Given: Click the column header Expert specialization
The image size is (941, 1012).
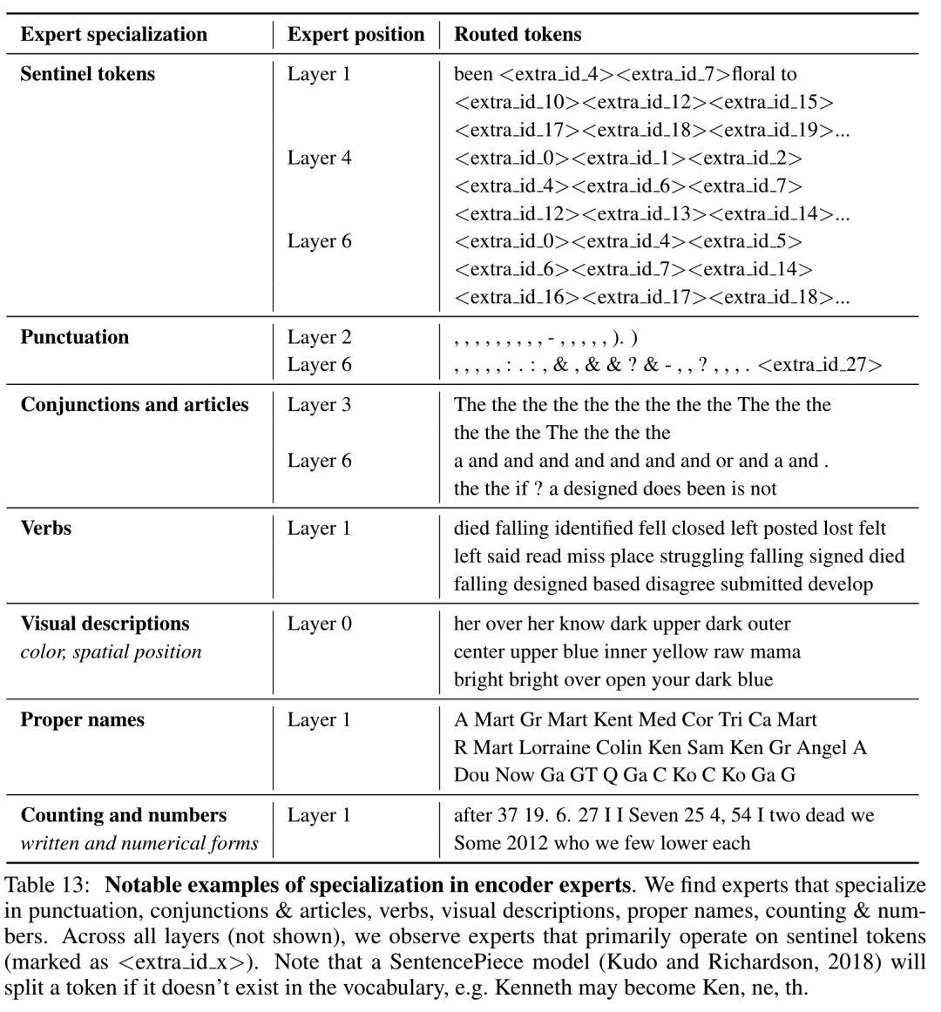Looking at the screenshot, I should coord(113,35).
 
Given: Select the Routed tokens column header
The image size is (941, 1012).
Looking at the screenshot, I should coord(518,35).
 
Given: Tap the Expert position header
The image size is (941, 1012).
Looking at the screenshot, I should coord(355,35).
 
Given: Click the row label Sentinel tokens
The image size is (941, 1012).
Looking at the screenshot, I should coord(87,74).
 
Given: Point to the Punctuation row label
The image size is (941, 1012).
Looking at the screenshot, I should coord(74,337).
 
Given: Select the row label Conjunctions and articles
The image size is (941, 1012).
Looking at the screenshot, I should coord(134,405).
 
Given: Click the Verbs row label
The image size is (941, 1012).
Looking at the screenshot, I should coord(45,528).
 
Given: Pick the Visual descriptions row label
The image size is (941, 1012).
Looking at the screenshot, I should coord(105,624).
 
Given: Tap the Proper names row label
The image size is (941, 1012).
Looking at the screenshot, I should coord(82,719).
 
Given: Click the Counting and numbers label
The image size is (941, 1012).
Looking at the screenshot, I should coord(123,815).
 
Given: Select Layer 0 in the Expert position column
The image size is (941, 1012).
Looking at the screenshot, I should coord(319,624).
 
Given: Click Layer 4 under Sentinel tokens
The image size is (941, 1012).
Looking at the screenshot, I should coord(319,158).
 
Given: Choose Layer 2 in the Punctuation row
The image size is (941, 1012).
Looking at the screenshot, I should coord(319,337).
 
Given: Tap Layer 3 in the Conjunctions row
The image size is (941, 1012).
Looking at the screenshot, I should coord(319,405).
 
